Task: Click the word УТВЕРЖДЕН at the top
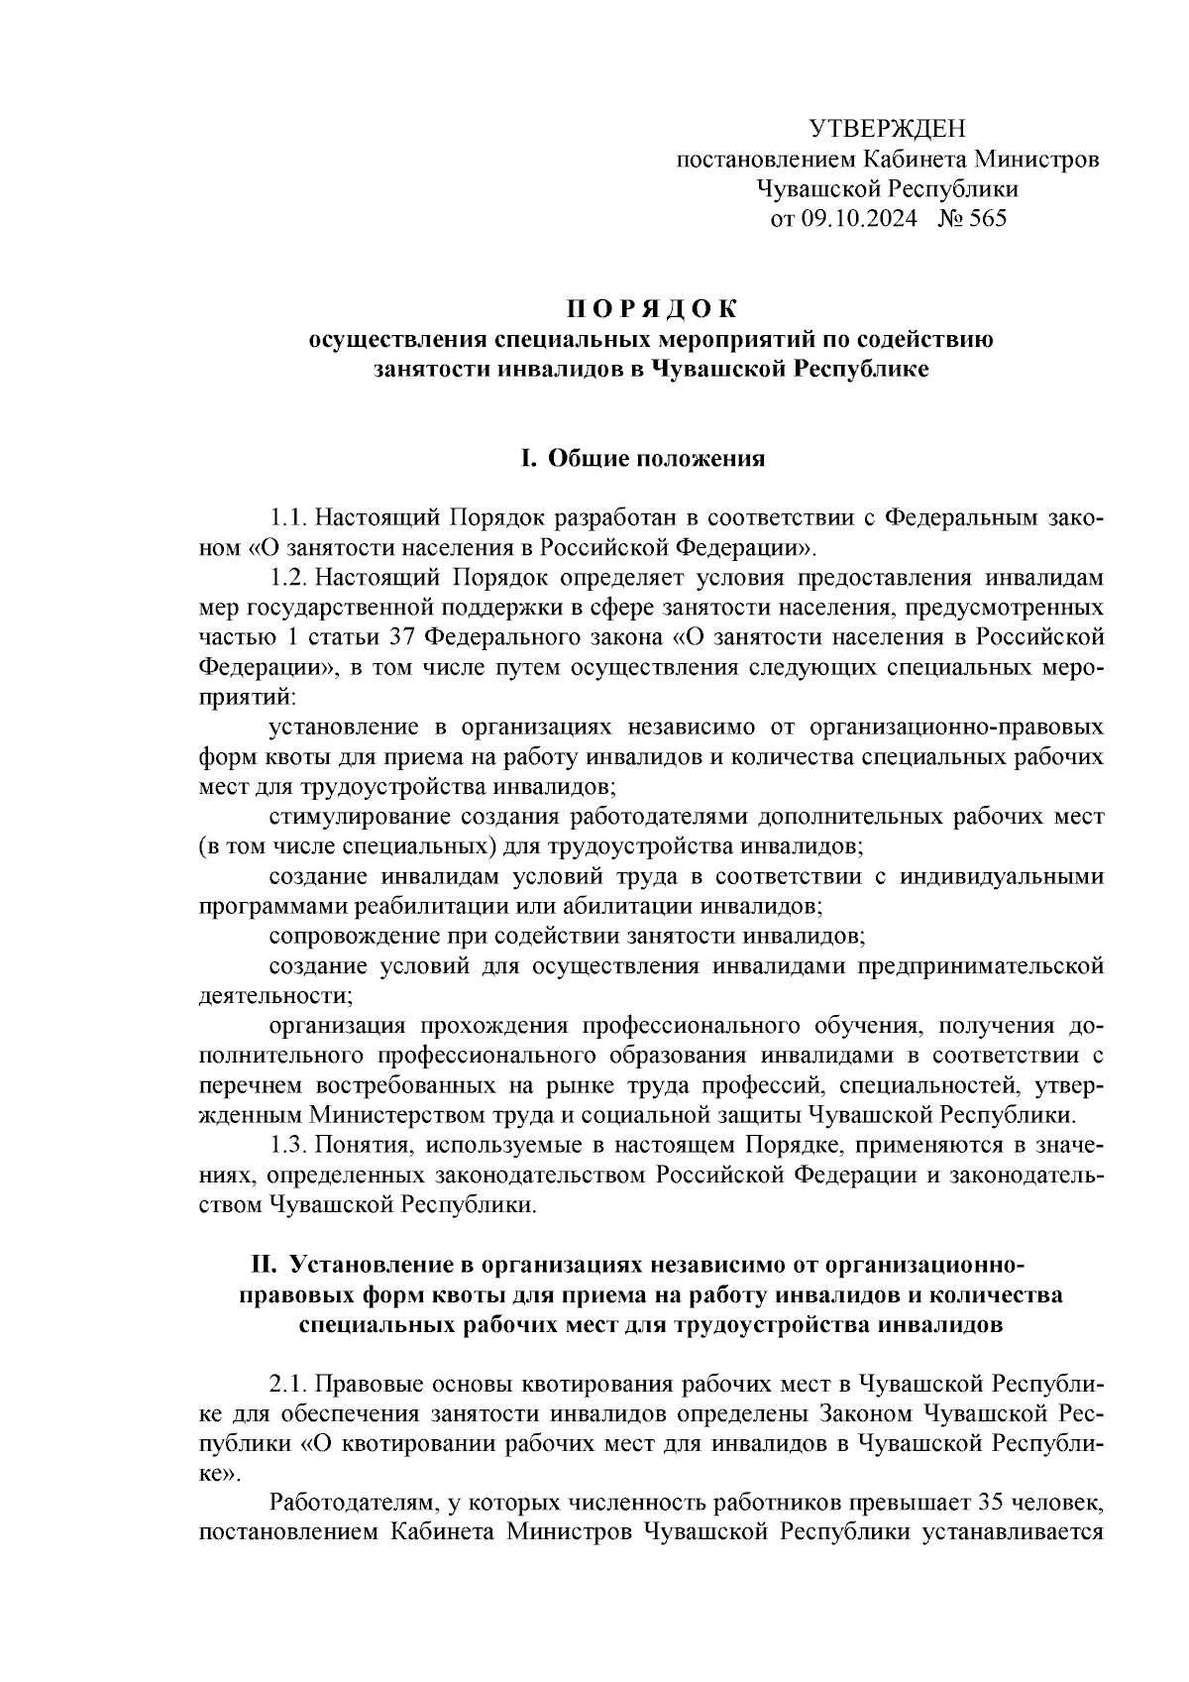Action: [x=887, y=128]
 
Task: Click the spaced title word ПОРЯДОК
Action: [x=651, y=308]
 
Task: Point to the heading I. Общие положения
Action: [x=643, y=458]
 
